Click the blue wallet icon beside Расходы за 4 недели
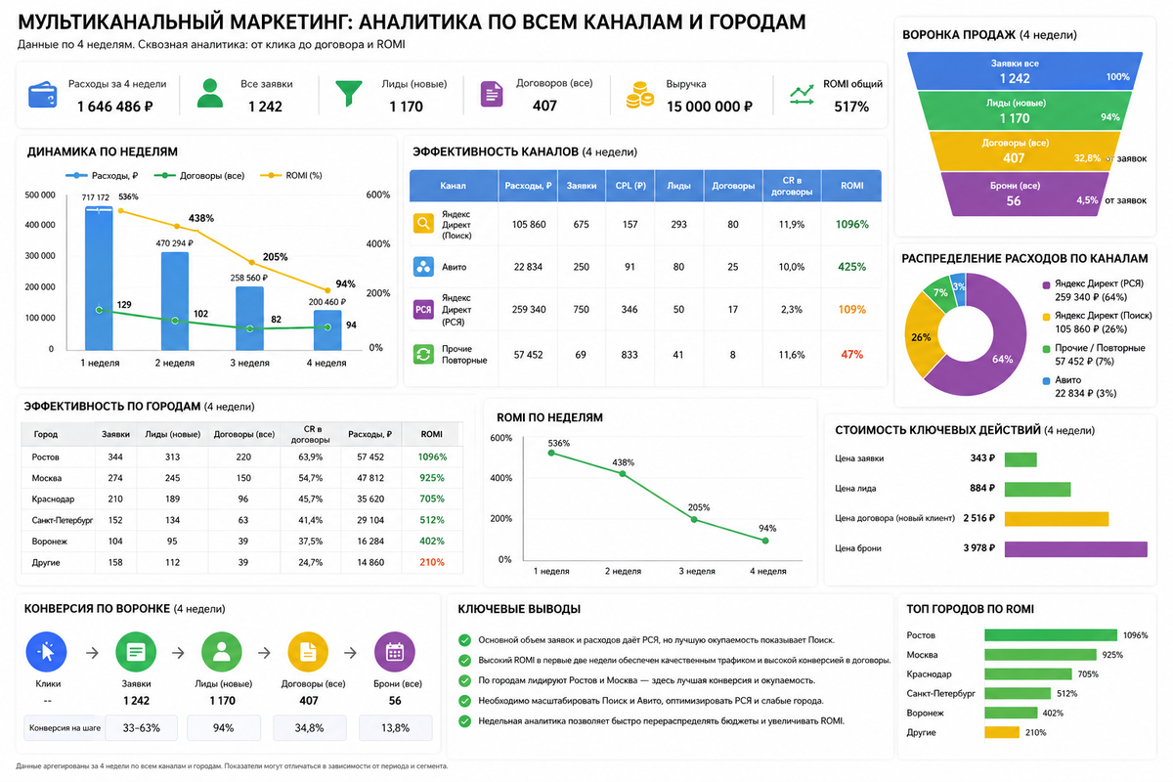(42, 94)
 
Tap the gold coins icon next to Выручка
(639, 95)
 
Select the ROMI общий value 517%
(851, 107)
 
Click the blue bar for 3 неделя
(250, 318)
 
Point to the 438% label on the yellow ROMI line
(201, 218)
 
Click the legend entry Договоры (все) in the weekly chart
(199, 176)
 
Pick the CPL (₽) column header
(630, 186)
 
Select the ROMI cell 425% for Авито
(851, 267)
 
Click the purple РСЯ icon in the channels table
(423, 310)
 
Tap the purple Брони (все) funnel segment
(1024, 194)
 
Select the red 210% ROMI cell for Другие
(431, 562)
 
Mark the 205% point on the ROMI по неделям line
(694, 520)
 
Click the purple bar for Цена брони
(1075, 549)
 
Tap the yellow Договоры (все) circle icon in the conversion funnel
(308, 652)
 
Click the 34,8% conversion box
(310, 727)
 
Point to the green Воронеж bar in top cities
(1011, 713)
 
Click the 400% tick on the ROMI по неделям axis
(500, 478)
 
